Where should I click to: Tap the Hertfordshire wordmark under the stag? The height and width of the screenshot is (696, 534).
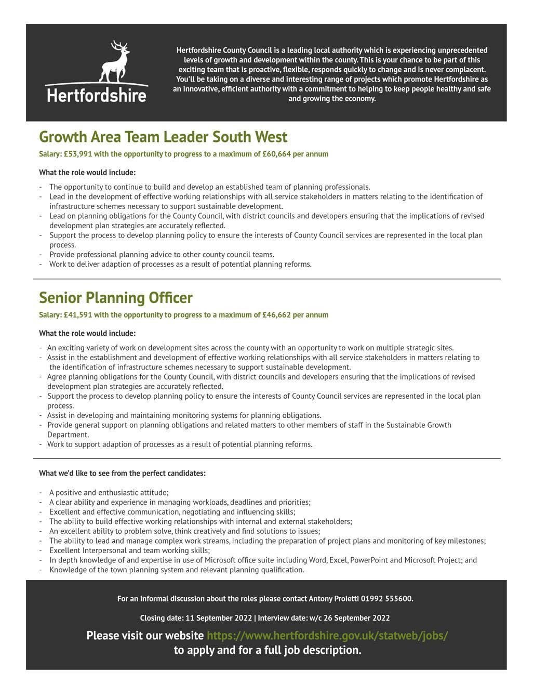click(x=97, y=95)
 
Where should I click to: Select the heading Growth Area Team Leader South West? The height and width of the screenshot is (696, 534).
click(x=163, y=137)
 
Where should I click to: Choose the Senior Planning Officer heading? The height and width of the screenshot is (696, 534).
click(x=116, y=298)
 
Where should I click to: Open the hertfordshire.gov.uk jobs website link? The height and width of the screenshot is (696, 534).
click(x=327, y=636)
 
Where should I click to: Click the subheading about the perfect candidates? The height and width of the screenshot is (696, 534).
click(x=122, y=474)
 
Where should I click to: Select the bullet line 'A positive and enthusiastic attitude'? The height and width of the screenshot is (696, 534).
click(x=109, y=493)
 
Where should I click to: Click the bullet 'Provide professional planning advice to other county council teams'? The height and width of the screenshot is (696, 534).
click(x=162, y=255)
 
